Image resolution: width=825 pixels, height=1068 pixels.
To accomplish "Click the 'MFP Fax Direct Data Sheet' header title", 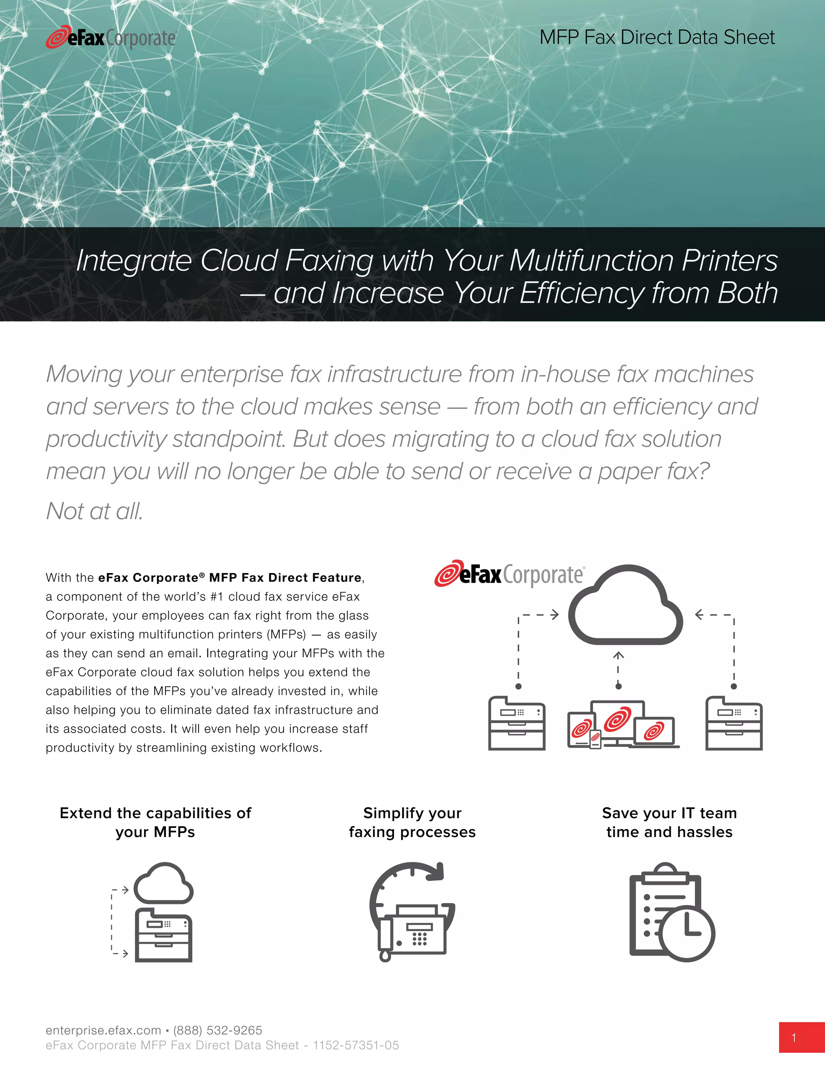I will (657, 37).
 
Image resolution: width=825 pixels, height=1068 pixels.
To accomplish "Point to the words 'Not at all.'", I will (94, 511).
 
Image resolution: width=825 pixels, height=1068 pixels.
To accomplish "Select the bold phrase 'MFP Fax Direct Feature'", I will (285, 578).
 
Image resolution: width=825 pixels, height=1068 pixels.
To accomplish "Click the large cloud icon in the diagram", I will (626, 607).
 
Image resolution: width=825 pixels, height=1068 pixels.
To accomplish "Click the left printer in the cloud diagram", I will (516, 723).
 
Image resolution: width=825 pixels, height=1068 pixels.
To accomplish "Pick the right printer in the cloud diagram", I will (734, 723).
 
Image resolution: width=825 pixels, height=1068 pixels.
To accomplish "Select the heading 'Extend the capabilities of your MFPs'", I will (155, 822).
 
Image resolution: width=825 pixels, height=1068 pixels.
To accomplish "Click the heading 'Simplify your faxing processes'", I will (412, 822).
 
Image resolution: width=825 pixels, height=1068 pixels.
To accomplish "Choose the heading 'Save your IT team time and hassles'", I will (669, 822).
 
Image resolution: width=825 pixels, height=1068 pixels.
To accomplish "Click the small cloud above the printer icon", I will (163, 884).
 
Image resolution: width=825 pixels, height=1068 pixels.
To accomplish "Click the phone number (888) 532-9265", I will (218, 1031).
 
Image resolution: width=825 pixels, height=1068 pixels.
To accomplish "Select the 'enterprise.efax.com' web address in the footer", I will (103, 1031).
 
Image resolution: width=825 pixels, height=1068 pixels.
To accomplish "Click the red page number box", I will (802, 1037).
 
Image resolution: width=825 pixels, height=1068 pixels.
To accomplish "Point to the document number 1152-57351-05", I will (356, 1045).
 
